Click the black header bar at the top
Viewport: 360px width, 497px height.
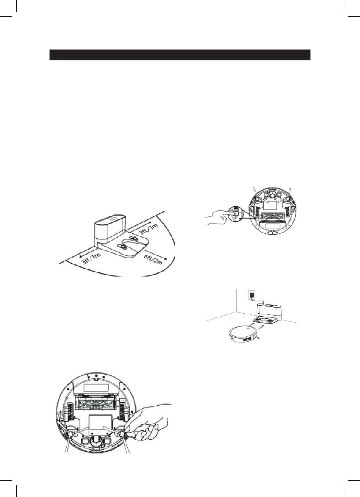click(180, 55)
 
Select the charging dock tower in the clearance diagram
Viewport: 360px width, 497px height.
click(110, 227)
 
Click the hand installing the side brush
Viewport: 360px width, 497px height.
click(152, 420)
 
